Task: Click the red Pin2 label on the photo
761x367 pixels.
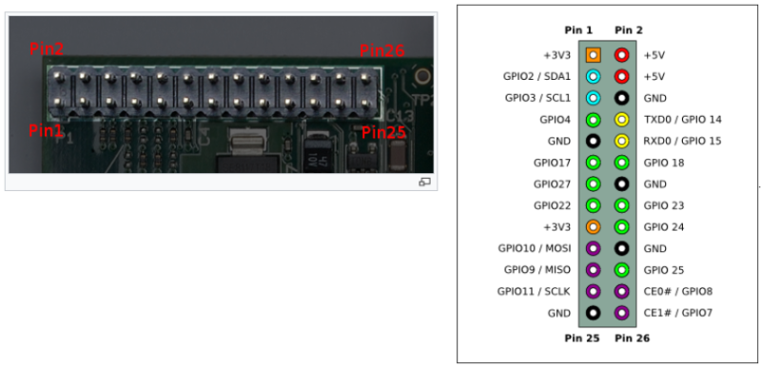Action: click(x=44, y=48)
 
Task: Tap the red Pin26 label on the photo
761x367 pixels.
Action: click(x=381, y=51)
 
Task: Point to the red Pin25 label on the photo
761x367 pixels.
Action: click(x=384, y=132)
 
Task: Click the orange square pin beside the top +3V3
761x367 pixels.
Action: click(x=594, y=55)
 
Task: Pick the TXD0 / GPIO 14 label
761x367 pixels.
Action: click(x=682, y=120)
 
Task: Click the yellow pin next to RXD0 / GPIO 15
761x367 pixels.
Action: click(x=622, y=142)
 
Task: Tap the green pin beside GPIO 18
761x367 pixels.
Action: click(x=622, y=163)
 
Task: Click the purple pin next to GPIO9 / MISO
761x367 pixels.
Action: click(x=594, y=270)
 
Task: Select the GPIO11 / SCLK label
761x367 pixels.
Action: click(x=535, y=291)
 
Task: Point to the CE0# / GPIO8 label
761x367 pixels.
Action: click(x=677, y=291)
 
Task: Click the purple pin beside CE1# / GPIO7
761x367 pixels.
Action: click(x=622, y=313)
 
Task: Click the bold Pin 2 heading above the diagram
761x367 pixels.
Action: click(x=629, y=31)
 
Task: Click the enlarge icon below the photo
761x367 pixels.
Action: click(x=424, y=181)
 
